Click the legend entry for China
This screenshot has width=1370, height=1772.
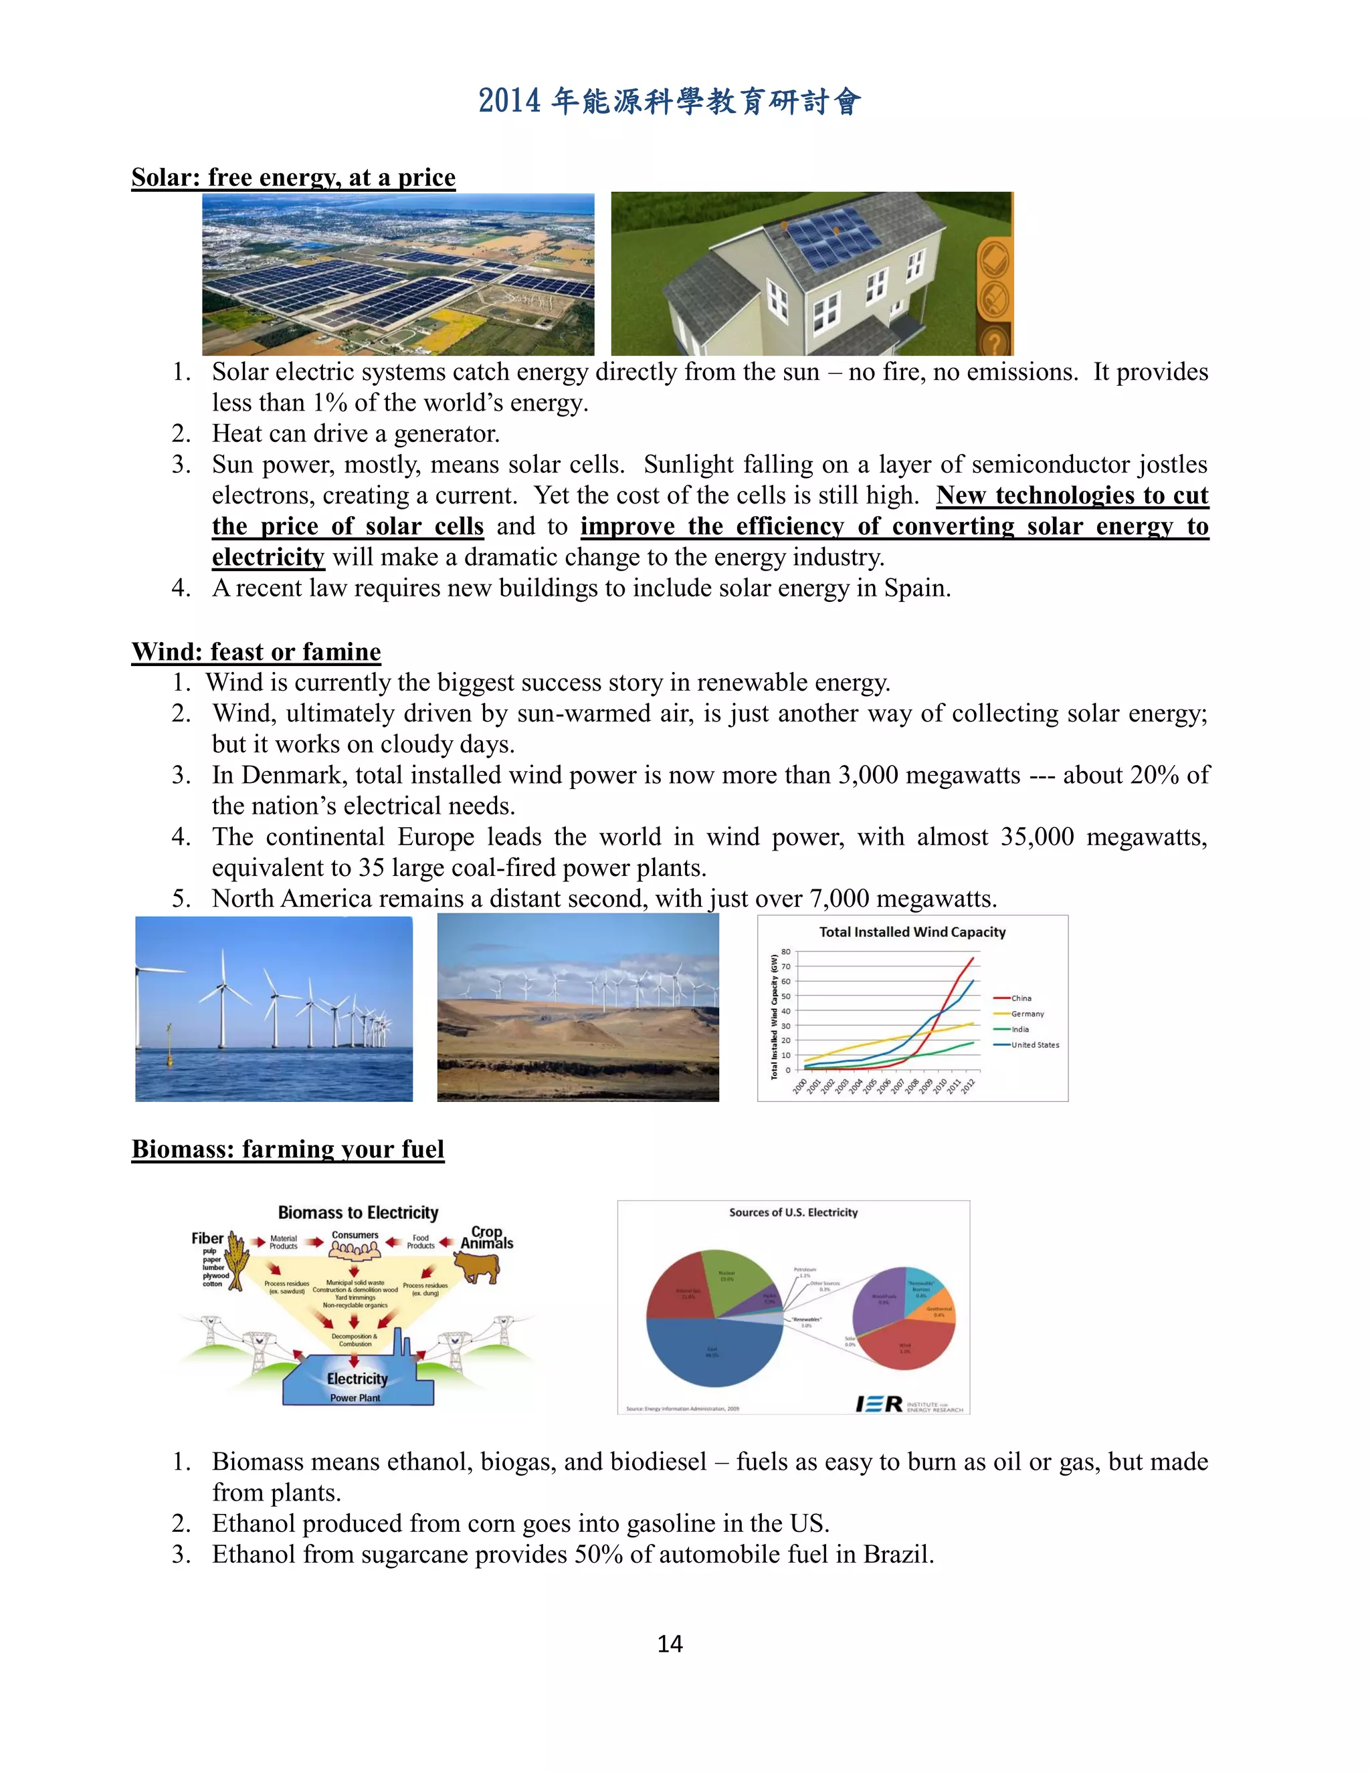(1020, 998)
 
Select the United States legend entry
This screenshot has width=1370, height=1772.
(1034, 1045)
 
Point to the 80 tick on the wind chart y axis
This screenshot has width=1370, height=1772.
(785, 952)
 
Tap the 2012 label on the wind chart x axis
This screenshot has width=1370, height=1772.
(968, 1087)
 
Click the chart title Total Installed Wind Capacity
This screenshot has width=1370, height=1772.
(912, 932)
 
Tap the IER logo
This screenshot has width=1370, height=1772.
(879, 1404)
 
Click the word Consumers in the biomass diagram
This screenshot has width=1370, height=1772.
(355, 1235)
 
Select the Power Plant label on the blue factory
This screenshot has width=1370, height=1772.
(355, 1398)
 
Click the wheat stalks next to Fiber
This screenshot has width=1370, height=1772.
(237, 1258)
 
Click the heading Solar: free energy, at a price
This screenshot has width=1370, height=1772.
(293, 178)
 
